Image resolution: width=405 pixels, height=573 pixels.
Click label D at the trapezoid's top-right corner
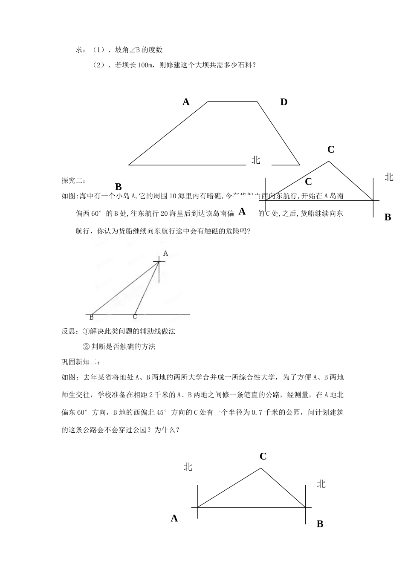[283, 102]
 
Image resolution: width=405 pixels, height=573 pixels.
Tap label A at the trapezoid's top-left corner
[186, 102]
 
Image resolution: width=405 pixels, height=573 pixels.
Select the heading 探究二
[73, 180]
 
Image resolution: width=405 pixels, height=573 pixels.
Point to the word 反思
[68, 331]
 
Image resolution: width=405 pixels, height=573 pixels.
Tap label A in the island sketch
[166, 253]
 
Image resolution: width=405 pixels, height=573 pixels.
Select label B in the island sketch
[91, 317]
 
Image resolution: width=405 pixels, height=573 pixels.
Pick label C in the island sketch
[135, 317]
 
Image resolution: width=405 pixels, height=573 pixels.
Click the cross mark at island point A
[159, 261]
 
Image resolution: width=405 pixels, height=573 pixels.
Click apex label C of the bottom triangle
[263, 456]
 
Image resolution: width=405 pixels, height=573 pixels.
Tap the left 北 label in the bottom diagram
[188, 467]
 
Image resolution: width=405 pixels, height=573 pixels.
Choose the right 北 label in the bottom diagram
[321, 483]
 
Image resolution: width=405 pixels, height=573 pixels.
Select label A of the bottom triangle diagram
[174, 518]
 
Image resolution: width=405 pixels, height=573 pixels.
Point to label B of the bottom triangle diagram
[320, 524]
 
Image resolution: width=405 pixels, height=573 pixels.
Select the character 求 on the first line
[79, 50]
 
